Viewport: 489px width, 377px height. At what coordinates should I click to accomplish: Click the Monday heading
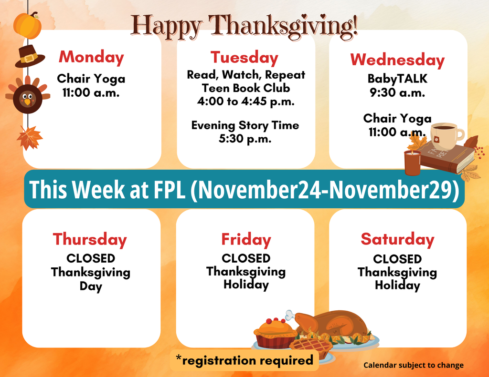tap(91, 58)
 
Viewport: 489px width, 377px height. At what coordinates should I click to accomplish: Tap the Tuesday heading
tap(244, 58)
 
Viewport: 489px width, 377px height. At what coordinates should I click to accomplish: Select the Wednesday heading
tap(397, 60)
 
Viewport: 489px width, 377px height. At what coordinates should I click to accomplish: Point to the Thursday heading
tap(90, 239)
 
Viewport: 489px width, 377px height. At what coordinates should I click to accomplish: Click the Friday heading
tap(246, 239)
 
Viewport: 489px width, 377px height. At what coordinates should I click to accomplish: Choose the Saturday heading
tap(397, 239)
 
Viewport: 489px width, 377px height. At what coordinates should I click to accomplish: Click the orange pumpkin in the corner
tap(28, 25)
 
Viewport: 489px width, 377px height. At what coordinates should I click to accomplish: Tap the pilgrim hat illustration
tap(29, 57)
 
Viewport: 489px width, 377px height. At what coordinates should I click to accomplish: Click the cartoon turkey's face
tap(27, 98)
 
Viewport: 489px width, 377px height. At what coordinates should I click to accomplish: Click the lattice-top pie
tap(310, 346)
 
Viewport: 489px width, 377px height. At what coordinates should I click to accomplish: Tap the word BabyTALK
tap(397, 79)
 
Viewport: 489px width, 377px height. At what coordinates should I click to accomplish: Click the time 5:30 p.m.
tap(245, 139)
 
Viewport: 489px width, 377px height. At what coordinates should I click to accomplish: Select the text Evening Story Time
tap(245, 125)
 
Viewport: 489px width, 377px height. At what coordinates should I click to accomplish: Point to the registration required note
tap(244, 361)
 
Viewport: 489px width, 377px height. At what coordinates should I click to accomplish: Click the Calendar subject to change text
tap(414, 366)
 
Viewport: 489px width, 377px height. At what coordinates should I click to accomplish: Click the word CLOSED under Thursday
tap(91, 258)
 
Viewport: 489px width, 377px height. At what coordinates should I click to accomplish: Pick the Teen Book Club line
tap(245, 88)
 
